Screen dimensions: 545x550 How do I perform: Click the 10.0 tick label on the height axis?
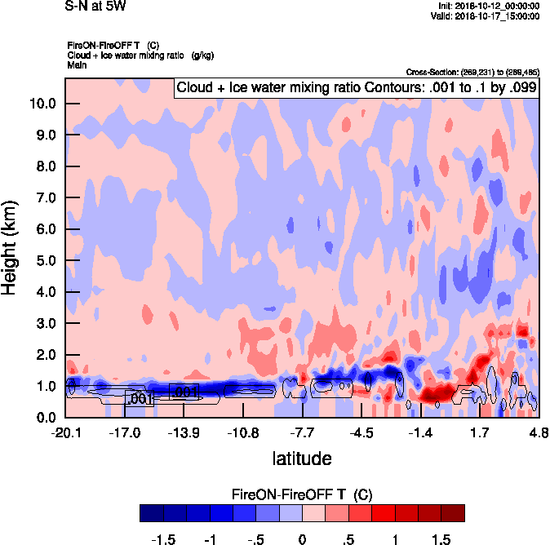tap(42, 104)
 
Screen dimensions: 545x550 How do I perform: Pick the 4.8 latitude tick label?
tap(537, 432)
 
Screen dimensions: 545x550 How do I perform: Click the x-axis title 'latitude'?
tap(302, 459)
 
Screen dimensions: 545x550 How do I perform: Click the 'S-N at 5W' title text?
tap(96, 6)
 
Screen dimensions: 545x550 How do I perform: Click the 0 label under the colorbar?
tap(302, 538)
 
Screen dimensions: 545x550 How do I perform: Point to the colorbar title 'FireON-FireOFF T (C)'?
tap(302, 494)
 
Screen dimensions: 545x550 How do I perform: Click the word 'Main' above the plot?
tap(77, 64)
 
